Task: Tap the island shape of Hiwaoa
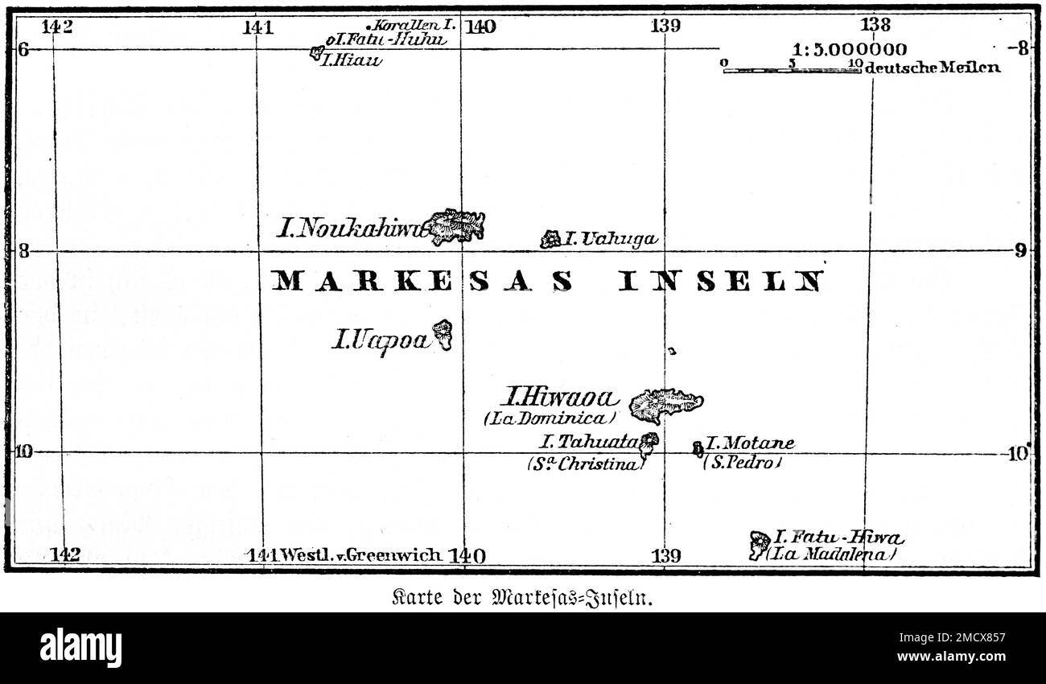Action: pos(664,404)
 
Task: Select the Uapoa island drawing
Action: pos(442,334)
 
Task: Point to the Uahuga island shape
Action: pos(550,239)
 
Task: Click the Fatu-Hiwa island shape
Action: pos(759,545)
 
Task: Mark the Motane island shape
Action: pos(698,447)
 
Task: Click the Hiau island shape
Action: pos(316,54)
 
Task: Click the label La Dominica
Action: pos(550,418)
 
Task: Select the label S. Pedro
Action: pos(742,464)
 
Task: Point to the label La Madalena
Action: pos(830,554)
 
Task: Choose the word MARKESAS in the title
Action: pos(422,281)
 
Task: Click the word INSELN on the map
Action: pos(722,281)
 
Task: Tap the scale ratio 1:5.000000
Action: pos(849,50)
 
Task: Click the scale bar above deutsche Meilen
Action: pos(792,71)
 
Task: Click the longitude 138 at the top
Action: pos(875,25)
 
